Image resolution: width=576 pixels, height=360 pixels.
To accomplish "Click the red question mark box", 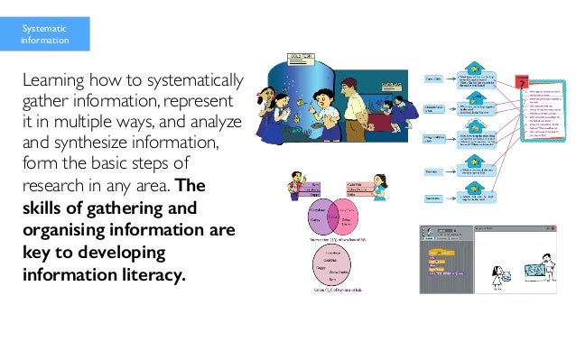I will [x=522, y=84].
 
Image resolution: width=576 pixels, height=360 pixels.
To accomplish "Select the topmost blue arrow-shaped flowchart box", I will [x=475, y=78].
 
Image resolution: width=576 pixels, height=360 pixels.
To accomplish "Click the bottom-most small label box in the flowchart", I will [x=432, y=198].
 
